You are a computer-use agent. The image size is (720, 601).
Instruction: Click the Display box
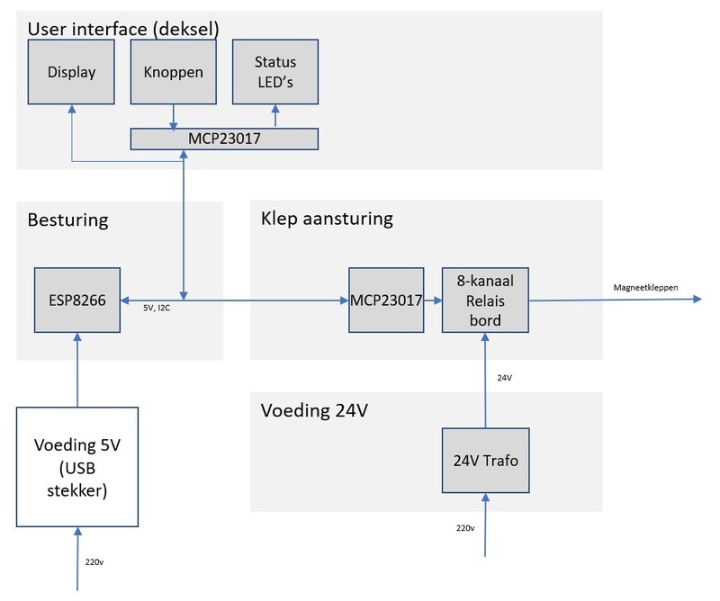pyautogui.click(x=72, y=71)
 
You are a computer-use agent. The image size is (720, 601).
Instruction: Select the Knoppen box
pyautogui.click(x=174, y=71)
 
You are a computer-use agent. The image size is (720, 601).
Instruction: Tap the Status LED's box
pyautogui.click(x=275, y=71)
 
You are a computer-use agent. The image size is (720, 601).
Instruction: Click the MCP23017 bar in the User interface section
pyautogui.click(x=224, y=139)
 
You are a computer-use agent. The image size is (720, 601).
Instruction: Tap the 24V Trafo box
pyautogui.click(x=485, y=460)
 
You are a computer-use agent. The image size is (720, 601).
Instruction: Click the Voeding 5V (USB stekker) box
pyautogui.click(x=77, y=465)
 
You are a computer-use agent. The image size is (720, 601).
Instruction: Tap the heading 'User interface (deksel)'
pyautogui.click(x=123, y=28)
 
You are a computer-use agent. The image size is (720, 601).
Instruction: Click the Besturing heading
pyautogui.click(x=67, y=220)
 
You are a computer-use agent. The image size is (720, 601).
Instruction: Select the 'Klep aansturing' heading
pyautogui.click(x=327, y=219)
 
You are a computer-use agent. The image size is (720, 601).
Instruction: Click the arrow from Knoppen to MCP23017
pyautogui.click(x=174, y=116)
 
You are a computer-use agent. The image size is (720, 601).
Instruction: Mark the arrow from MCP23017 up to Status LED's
pyautogui.click(x=275, y=116)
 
